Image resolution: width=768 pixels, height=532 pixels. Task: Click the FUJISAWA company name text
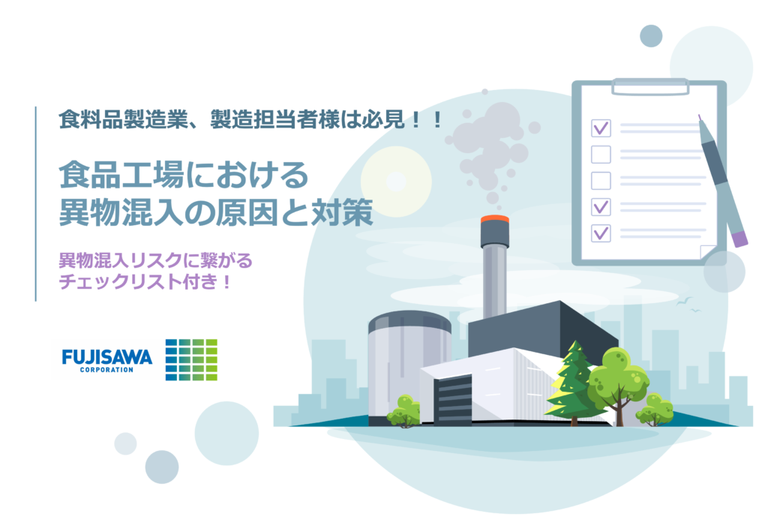tap(106, 356)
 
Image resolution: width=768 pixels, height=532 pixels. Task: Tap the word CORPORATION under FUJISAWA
tap(106, 370)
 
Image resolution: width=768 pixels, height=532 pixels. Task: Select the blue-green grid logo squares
tap(191, 359)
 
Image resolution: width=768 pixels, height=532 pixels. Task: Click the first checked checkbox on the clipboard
tap(601, 128)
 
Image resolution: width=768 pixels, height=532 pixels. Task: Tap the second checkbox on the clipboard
tap(601, 155)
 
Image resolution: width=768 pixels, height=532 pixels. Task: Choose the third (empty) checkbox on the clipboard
tap(601, 181)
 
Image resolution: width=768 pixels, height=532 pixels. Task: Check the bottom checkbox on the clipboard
tap(601, 233)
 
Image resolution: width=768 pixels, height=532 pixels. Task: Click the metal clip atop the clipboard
tap(650, 86)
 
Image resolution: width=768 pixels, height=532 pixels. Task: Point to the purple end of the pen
tap(739, 239)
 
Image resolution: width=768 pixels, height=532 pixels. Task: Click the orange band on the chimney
tap(495, 220)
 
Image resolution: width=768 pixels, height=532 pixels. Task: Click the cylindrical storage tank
tap(409, 368)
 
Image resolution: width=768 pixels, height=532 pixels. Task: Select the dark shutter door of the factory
tap(452, 400)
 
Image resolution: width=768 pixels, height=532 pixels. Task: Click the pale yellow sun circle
tap(396, 182)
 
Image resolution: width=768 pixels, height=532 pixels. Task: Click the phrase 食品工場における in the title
tap(184, 176)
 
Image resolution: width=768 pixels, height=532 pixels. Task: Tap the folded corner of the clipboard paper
tap(708, 252)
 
